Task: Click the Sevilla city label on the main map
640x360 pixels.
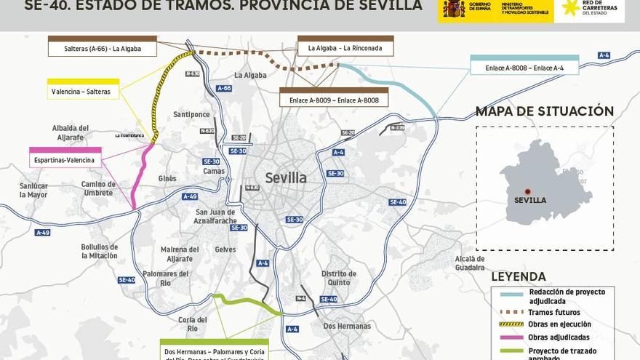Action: (286, 178)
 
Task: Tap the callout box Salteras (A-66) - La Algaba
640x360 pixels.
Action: (103, 49)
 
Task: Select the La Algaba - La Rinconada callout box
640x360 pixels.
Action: (345, 48)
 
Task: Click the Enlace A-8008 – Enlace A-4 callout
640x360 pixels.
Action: (524, 68)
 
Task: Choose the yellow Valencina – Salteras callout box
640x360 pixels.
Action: (83, 92)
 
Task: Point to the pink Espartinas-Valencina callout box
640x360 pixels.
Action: (65, 160)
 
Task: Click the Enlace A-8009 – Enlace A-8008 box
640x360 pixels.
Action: (334, 100)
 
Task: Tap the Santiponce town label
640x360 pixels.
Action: (191, 115)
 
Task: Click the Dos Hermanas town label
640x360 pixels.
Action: (347, 327)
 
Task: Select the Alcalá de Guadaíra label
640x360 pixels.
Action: (470, 263)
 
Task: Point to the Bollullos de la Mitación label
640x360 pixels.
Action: (100, 251)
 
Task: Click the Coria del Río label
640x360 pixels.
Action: (188, 324)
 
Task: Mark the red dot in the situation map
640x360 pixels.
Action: (528, 191)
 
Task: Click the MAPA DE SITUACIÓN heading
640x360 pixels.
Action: (545, 111)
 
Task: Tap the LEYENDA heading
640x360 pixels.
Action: (519, 276)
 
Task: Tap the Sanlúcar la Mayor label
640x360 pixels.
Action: (33, 191)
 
